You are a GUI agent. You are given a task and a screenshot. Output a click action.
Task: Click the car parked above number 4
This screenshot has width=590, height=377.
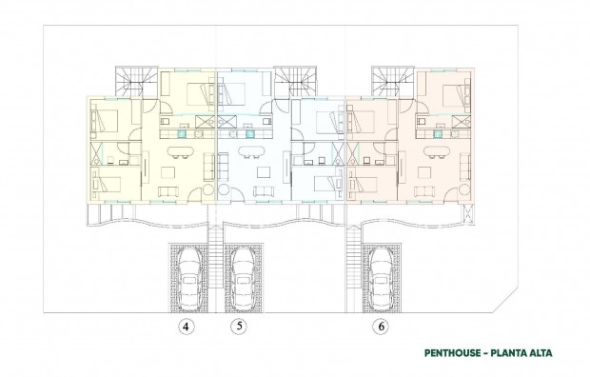click(x=187, y=277)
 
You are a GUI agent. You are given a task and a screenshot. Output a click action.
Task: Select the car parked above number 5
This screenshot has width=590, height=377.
click(x=240, y=277)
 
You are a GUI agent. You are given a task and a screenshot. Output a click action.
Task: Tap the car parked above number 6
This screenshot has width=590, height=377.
click(x=381, y=277)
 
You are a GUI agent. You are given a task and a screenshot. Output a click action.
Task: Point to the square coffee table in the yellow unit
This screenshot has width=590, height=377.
click(x=172, y=173)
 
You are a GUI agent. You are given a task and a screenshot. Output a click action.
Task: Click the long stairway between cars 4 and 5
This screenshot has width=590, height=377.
click(x=212, y=271)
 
